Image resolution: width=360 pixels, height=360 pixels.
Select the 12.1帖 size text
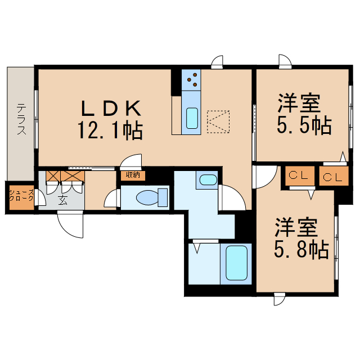coord(110,131)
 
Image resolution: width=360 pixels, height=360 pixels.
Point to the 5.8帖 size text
coord(301,249)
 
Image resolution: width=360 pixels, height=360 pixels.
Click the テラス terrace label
coord(21,119)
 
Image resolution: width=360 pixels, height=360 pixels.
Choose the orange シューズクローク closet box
coord(20,197)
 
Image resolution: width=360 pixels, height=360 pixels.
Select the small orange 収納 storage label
coord(133,175)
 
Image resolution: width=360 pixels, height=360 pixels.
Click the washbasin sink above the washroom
coord(208,180)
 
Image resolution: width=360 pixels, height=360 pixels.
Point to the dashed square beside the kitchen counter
coord(219,121)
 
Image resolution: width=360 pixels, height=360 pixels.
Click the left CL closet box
coord(298,176)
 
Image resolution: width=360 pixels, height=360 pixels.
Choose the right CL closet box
coord(332,177)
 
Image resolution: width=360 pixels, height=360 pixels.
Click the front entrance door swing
coord(70,225)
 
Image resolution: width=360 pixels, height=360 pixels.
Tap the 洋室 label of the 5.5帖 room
coord(299,104)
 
